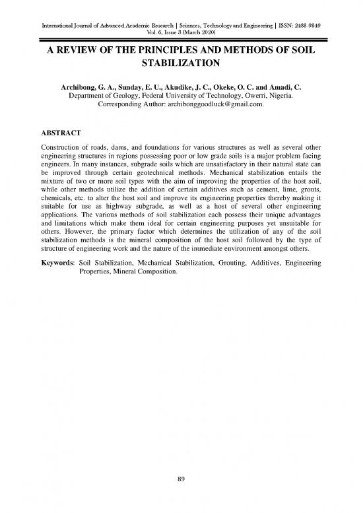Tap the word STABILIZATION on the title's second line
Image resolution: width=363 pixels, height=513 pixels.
[x=181, y=66]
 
